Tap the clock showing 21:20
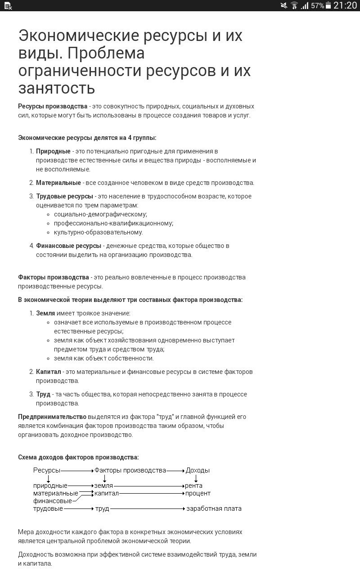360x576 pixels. [345, 5]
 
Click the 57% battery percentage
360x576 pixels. [317, 6]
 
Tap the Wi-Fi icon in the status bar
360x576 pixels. [294, 5]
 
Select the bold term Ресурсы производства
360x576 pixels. [53, 106]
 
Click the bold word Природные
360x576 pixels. [53, 151]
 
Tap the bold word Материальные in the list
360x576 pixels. [58, 183]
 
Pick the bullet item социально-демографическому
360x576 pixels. [100, 214]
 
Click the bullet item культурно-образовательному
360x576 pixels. [98, 232]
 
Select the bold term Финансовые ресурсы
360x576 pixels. [68, 246]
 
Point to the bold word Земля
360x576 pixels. [45, 313]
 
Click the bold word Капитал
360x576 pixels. [48, 372]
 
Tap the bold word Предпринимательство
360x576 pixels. [52, 417]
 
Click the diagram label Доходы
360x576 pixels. [198, 470]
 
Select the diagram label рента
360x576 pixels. [193, 486]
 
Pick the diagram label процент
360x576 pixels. [198, 493]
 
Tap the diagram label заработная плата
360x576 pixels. [214, 508]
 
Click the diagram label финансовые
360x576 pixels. [52, 501]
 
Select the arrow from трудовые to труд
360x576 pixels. [78, 508]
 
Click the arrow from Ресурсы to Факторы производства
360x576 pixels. [77, 470]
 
